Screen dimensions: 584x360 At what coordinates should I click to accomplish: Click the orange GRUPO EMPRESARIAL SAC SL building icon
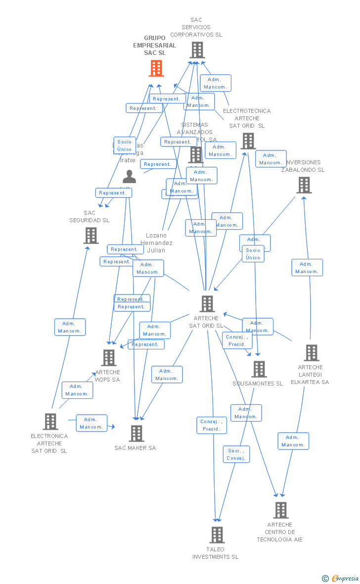[x=156, y=68]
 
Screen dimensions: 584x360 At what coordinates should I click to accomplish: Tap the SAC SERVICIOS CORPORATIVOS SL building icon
[x=197, y=50]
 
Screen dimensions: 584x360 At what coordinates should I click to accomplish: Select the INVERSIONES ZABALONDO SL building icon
[x=304, y=185]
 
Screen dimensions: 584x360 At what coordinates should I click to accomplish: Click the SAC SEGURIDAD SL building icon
[x=91, y=236]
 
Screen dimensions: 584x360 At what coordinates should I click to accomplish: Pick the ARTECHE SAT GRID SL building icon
[x=207, y=304]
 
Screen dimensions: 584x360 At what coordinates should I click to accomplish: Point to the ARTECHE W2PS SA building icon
[x=108, y=358]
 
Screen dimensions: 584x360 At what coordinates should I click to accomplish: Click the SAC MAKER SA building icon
[x=136, y=434]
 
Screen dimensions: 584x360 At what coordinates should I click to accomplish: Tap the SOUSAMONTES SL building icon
[x=259, y=369]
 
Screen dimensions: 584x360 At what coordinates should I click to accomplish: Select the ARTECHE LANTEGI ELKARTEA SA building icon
[x=311, y=353]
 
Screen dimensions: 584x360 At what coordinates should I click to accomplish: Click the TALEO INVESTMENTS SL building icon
[x=217, y=535]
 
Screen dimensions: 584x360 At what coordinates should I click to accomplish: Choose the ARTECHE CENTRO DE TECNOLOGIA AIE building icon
[x=280, y=510]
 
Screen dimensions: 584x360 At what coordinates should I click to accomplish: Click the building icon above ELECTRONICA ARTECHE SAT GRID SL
[x=50, y=422]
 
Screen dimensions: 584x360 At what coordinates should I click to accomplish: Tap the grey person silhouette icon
[x=129, y=177]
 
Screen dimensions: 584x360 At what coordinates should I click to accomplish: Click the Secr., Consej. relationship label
[x=236, y=454]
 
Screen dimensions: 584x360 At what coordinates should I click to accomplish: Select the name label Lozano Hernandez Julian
[x=156, y=243]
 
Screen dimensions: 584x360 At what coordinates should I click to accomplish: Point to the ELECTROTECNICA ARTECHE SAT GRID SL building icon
[x=248, y=141]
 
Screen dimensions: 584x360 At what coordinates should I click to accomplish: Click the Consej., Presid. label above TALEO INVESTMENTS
[x=212, y=425]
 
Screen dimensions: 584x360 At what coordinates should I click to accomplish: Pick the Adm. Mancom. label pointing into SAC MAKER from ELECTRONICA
[x=91, y=423]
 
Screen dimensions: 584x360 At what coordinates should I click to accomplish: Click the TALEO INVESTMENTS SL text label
[x=215, y=553]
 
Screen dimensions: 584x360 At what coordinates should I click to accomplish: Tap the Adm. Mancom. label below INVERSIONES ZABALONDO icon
[x=307, y=268]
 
